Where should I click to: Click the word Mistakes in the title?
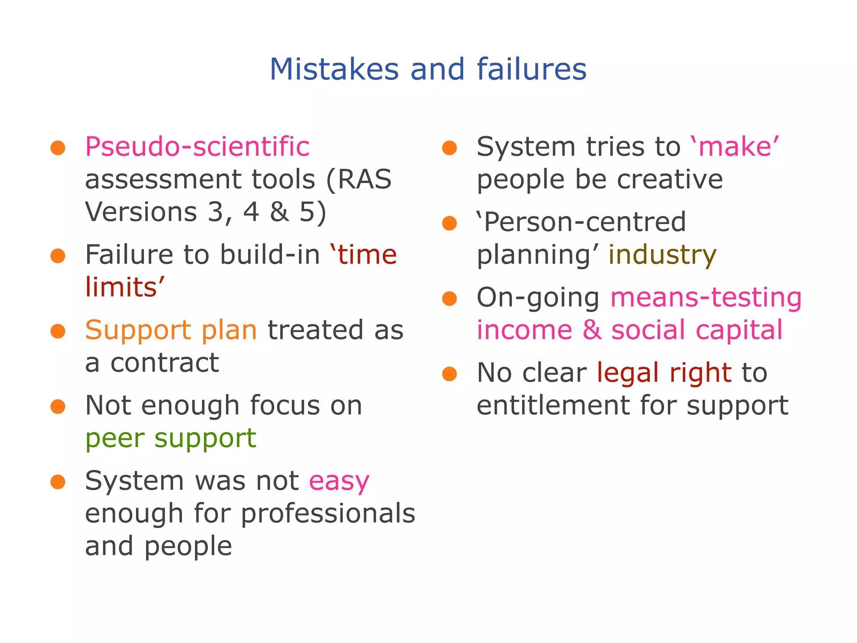[334, 69]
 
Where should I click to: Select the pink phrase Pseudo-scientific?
[197, 147]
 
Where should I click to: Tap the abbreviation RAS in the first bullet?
[364, 180]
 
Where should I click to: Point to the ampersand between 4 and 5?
[280, 212]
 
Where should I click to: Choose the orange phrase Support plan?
[171, 330]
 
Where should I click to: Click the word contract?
[164, 363]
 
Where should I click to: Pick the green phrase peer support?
[171, 438]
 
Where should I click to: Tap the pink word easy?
[339, 481]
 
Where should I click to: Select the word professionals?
[328, 514]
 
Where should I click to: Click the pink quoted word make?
[739, 147]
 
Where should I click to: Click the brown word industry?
[662, 255]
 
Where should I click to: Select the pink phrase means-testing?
[706, 298]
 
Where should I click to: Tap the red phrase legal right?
[664, 373]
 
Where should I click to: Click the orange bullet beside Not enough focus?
[58, 406]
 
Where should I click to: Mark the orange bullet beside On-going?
[449, 298]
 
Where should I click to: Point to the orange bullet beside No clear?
[449, 373]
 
